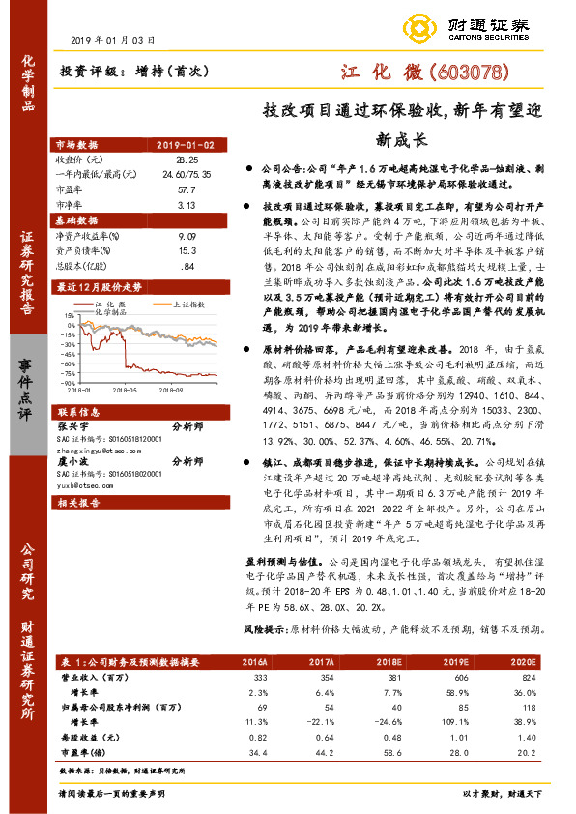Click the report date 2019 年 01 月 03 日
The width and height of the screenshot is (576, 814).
tap(113, 40)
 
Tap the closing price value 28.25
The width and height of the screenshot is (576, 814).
tap(187, 159)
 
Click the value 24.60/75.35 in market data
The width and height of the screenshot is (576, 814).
tap(187, 171)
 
